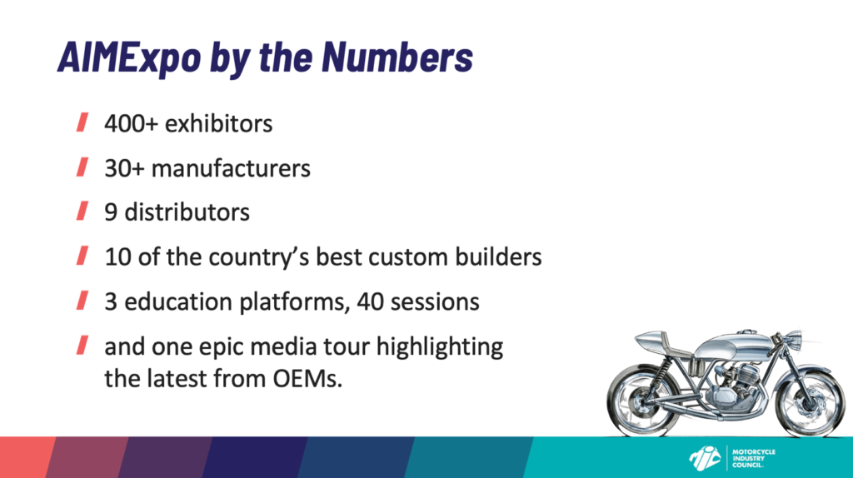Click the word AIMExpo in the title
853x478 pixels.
[x=129, y=57]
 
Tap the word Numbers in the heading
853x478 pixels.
[x=397, y=56]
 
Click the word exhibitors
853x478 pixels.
[x=219, y=123]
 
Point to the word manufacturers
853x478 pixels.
[x=231, y=168]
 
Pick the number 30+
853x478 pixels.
[x=125, y=168]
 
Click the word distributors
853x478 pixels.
[x=187, y=212]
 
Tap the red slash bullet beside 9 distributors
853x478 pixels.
[x=82, y=211]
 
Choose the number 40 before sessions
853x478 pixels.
[x=371, y=301]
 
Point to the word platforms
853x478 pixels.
[x=294, y=302]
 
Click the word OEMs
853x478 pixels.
[x=307, y=379]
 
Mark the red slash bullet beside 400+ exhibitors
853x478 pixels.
[x=82, y=122]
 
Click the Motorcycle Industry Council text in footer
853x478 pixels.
[x=753, y=458]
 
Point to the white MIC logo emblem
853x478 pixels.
[x=705, y=458]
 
